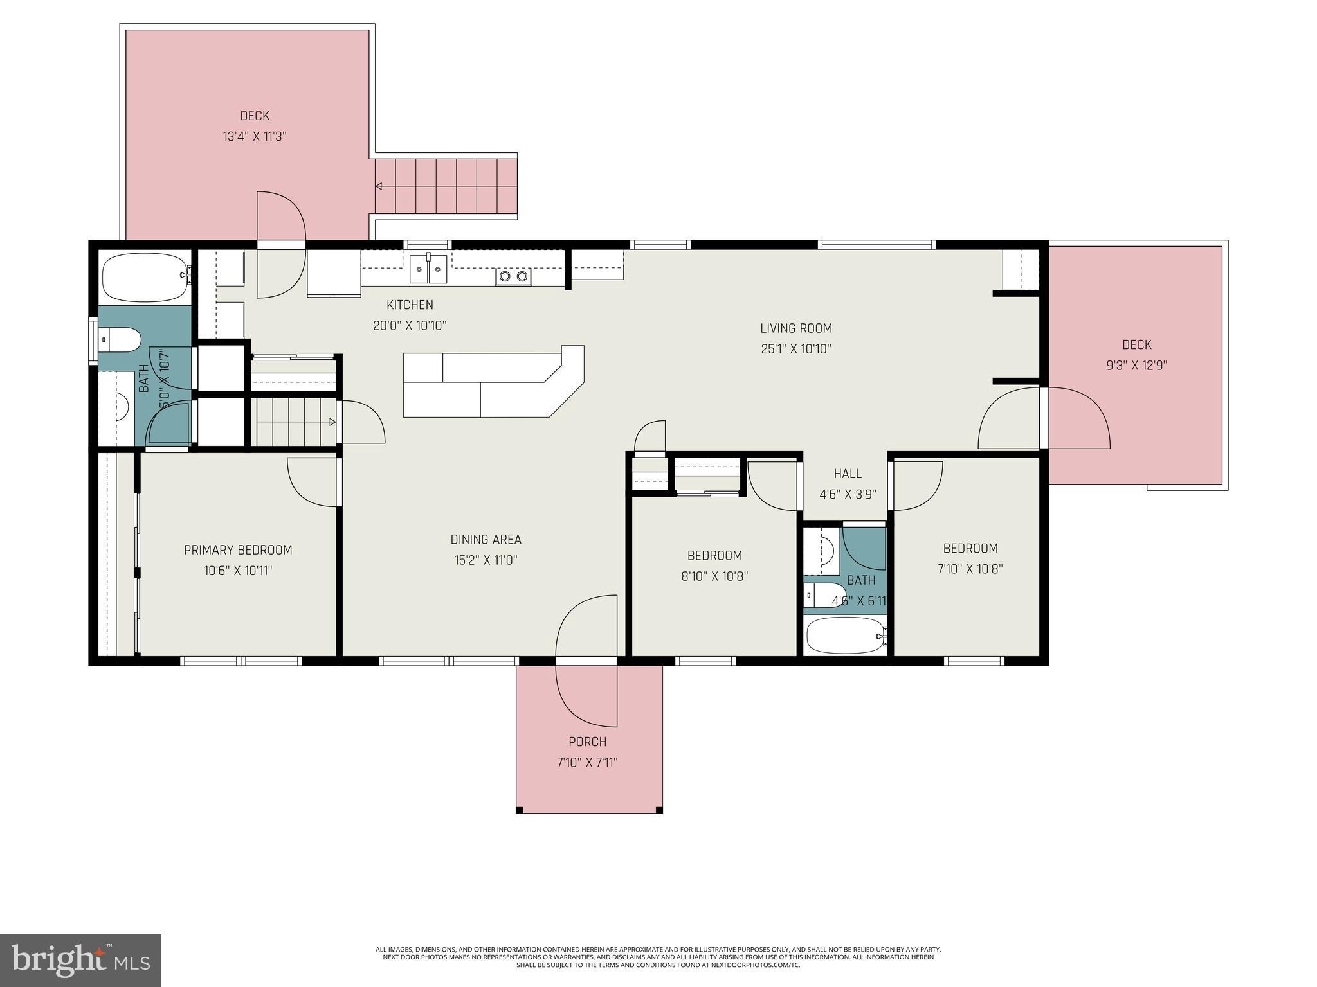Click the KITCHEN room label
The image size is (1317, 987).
[410, 305]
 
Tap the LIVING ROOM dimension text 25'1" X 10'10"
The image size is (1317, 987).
[796, 349]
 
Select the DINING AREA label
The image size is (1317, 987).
[486, 539]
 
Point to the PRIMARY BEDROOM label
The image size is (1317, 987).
[238, 549]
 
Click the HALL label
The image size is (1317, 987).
[848, 474]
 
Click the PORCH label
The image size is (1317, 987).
[587, 742]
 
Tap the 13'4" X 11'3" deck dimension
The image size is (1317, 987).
[254, 136]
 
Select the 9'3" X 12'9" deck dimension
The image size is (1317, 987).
[1136, 365]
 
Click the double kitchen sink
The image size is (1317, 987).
[428, 268]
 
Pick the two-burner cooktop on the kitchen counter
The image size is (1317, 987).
[513, 276]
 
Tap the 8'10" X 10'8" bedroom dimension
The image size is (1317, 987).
[714, 576]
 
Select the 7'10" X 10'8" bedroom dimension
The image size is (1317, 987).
[970, 569]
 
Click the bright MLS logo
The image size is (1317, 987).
[80, 961]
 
